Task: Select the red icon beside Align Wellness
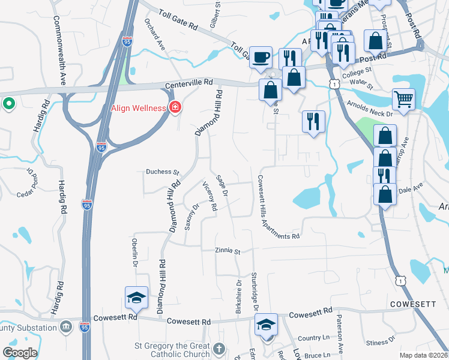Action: [175, 108]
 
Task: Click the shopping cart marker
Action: [403, 99]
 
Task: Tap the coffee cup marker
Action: [261, 56]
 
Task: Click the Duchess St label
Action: [163, 172]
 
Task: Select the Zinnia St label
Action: [228, 251]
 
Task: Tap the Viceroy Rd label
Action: [209, 196]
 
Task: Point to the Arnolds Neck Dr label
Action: [370, 108]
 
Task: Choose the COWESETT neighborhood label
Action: [413, 304]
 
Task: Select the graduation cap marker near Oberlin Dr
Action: [136, 297]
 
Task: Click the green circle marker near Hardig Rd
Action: [8, 104]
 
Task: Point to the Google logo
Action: [20, 353]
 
